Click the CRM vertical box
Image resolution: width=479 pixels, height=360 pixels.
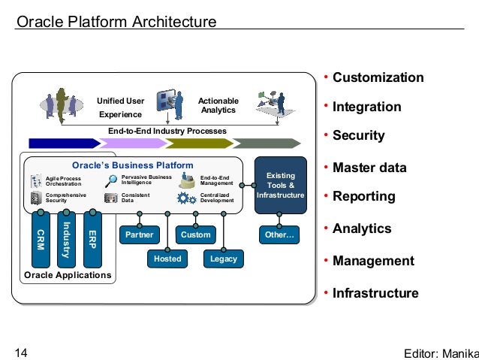point(41,240)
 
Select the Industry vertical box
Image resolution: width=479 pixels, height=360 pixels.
point(66,240)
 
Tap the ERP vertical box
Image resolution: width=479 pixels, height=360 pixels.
point(92,240)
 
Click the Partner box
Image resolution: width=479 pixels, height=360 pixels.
point(139,234)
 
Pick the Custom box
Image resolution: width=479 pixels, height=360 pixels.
point(196,234)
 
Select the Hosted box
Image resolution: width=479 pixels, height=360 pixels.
point(167,259)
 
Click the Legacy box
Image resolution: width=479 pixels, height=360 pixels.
point(224,259)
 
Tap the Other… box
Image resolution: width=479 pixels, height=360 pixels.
point(280,234)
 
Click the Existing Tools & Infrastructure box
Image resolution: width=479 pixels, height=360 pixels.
point(281,185)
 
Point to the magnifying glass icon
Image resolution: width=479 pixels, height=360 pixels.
point(111,180)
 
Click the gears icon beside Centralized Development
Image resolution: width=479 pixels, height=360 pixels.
point(185,198)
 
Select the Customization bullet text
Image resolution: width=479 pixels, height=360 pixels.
point(378,78)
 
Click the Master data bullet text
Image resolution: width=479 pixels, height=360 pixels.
point(369,168)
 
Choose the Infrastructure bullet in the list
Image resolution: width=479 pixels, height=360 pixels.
point(375,293)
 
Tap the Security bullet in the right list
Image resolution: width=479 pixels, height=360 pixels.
point(358,136)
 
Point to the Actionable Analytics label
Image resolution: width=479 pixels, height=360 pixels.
point(218,105)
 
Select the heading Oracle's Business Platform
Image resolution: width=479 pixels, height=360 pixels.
point(132,165)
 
